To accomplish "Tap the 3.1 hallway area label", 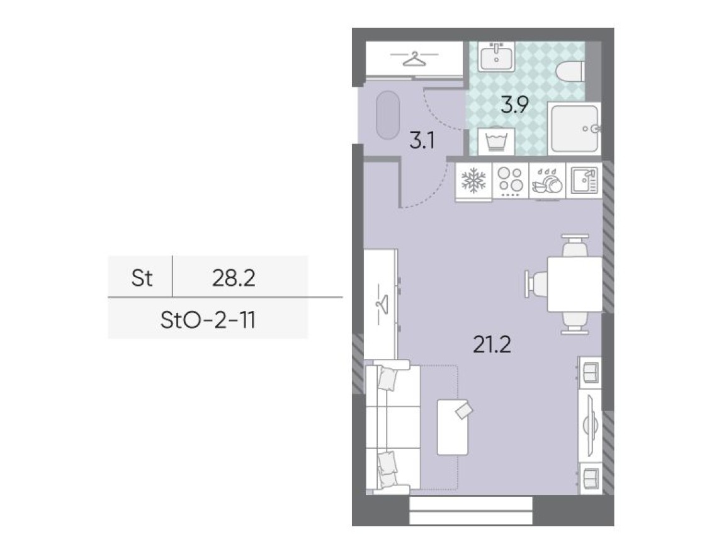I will pos(421,140).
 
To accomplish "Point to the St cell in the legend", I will pos(142,278).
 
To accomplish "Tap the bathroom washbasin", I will pos(496,57).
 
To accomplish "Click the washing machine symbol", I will pos(497,140).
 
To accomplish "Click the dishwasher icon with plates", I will pos(547,181).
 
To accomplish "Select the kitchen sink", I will pos(583,181).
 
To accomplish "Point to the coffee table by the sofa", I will pos(453,426).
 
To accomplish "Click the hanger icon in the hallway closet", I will pos(412,59).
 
